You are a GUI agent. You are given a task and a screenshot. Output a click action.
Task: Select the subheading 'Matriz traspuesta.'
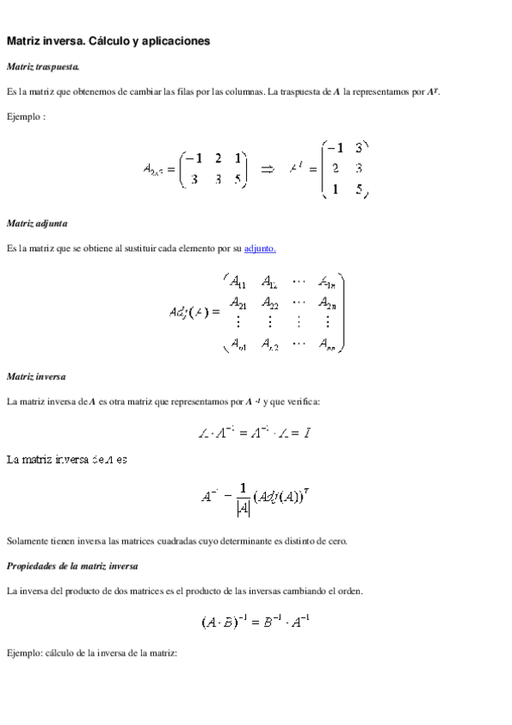(44, 66)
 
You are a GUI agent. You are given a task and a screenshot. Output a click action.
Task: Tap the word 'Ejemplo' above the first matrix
(24, 115)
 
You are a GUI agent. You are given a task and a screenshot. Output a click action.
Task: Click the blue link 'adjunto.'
(260, 248)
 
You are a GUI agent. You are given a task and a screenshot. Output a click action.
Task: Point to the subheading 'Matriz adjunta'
(37, 223)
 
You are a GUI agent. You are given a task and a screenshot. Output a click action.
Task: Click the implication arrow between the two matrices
(267, 168)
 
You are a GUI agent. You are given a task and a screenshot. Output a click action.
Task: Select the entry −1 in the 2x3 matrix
(194, 158)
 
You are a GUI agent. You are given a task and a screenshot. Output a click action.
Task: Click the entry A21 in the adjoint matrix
(238, 304)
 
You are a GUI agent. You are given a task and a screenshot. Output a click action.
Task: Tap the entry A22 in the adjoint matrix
(269, 304)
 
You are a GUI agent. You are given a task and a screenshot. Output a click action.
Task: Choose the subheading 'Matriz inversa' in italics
(36, 376)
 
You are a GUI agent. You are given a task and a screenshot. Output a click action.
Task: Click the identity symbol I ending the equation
(306, 433)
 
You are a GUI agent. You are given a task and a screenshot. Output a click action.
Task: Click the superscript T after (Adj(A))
(305, 490)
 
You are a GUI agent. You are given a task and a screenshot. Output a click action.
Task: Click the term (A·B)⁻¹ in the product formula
(221, 622)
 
